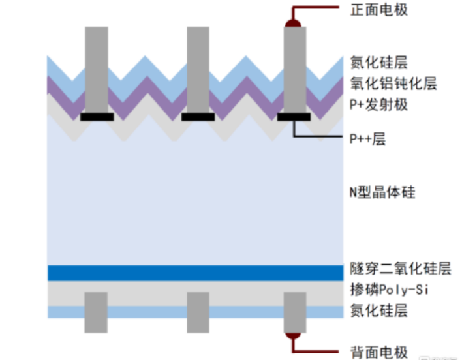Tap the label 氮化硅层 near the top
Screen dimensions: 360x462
click(x=379, y=63)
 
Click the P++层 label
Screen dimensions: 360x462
click(x=367, y=139)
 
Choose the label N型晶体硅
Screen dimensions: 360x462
click(x=382, y=193)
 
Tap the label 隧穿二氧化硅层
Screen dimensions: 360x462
click(x=401, y=269)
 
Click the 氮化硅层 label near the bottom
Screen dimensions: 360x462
click(x=379, y=310)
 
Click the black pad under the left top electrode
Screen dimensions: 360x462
click(x=97, y=117)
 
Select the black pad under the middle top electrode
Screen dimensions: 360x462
click(x=198, y=117)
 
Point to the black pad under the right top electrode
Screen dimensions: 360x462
click(x=294, y=117)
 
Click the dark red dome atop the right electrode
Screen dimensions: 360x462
click(x=294, y=23)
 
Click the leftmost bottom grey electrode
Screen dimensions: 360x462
click(x=96, y=312)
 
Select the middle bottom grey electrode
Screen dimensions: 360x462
click(x=198, y=312)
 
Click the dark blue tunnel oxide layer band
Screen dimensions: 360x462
click(x=196, y=273)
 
